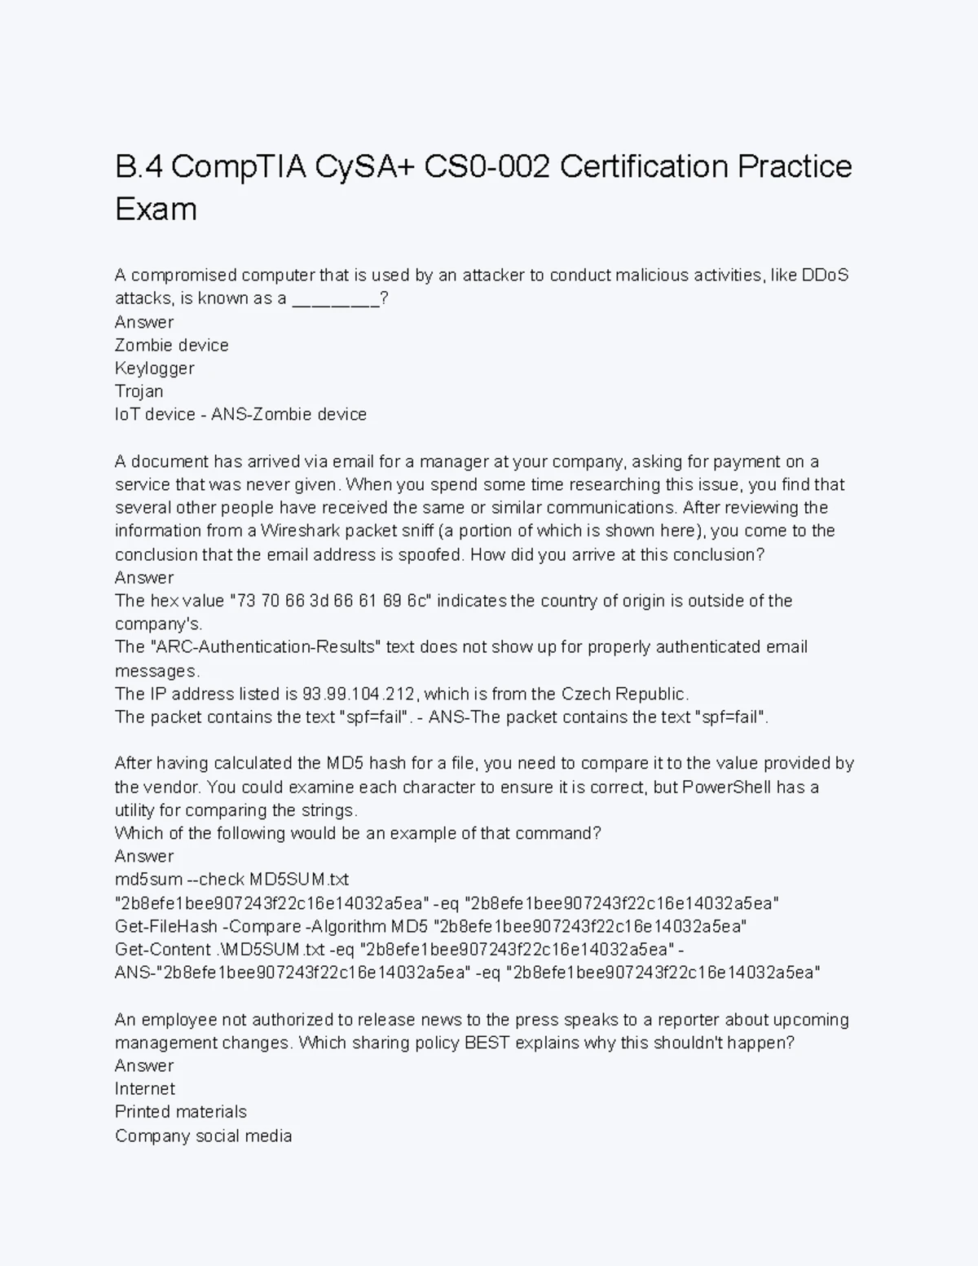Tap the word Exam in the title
tap(156, 210)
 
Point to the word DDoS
tap(826, 275)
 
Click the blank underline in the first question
tap(335, 299)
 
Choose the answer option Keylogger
tap(155, 368)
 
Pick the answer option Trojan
tap(139, 391)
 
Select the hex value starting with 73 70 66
tap(330, 602)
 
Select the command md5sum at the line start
tap(148, 880)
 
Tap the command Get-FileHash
tap(166, 927)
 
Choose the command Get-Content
tap(163, 950)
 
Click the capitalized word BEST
tap(487, 1043)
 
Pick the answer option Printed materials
tap(181, 1112)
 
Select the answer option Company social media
tap(203, 1136)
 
